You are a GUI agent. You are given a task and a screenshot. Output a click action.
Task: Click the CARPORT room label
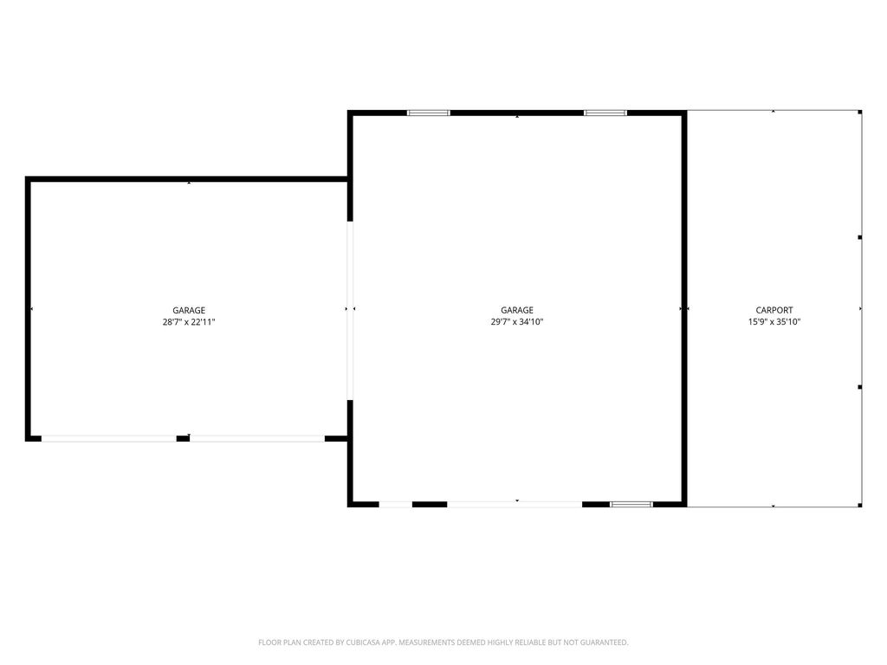(x=774, y=310)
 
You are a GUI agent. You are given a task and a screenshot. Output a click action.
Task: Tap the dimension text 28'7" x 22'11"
(x=189, y=322)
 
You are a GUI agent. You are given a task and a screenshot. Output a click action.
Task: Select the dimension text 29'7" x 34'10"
(x=517, y=322)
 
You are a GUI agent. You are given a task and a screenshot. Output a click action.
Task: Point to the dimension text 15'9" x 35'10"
(x=774, y=322)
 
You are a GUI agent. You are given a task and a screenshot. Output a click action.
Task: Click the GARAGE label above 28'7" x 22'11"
(x=189, y=310)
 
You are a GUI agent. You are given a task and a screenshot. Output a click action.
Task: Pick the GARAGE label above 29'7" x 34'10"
(x=517, y=310)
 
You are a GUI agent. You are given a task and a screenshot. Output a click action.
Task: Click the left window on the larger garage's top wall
(x=429, y=113)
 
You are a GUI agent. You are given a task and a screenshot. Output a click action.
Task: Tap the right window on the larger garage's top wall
(x=605, y=113)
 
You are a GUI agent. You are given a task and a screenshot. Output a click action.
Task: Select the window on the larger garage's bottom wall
(x=631, y=503)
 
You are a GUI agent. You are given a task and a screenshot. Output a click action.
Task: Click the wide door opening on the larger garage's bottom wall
(x=515, y=503)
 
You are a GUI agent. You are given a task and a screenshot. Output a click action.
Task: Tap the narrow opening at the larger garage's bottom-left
(x=396, y=503)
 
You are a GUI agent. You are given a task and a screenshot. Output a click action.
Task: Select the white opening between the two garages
(x=350, y=310)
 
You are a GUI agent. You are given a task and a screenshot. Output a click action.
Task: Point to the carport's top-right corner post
(x=859, y=113)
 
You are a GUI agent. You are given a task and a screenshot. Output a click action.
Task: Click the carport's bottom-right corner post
(x=859, y=504)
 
